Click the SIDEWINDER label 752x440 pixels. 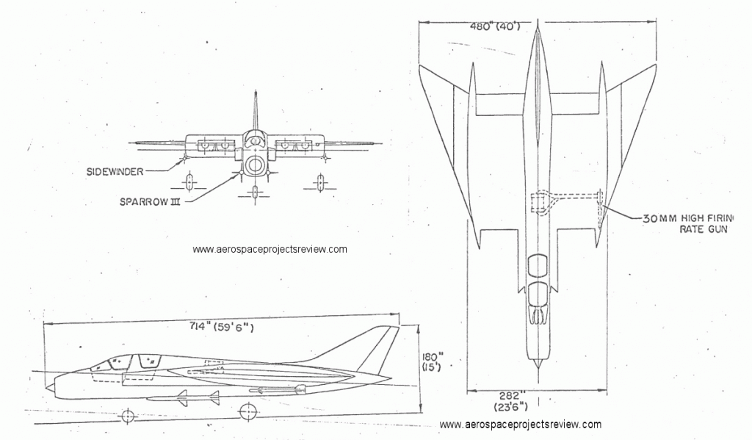[115, 171]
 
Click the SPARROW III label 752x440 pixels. [150, 201]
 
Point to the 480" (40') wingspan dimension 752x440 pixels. [495, 26]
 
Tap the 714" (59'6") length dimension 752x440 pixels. [220, 327]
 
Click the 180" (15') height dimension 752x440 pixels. [432, 362]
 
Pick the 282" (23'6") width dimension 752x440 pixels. [510, 401]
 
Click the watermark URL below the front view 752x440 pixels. [270, 249]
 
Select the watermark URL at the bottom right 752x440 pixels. [521, 424]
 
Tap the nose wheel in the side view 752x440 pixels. [128, 416]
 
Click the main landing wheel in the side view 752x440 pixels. [248, 411]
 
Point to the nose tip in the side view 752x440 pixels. [46, 386]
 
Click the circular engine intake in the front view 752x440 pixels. [254, 166]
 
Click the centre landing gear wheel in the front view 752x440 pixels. [255, 192]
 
